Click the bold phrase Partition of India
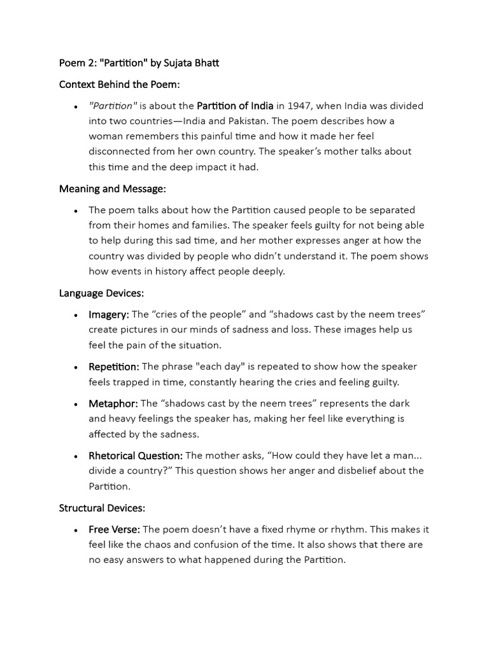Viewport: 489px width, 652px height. click(x=235, y=106)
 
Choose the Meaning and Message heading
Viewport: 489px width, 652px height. click(x=112, y=188)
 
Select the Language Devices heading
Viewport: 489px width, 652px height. click(x=101, y=293)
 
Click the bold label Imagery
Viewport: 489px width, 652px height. click(x=108, y=315)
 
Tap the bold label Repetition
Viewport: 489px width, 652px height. click(x=113, y=367)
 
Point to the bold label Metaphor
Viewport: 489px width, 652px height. click(x=113, y=404)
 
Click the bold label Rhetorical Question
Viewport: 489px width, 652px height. click(x=136, y=456)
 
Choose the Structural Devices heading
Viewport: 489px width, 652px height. click(x=102, y=508)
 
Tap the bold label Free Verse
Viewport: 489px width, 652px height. click(x=114, y=530)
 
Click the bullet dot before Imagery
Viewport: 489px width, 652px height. click(x=76, y=315)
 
